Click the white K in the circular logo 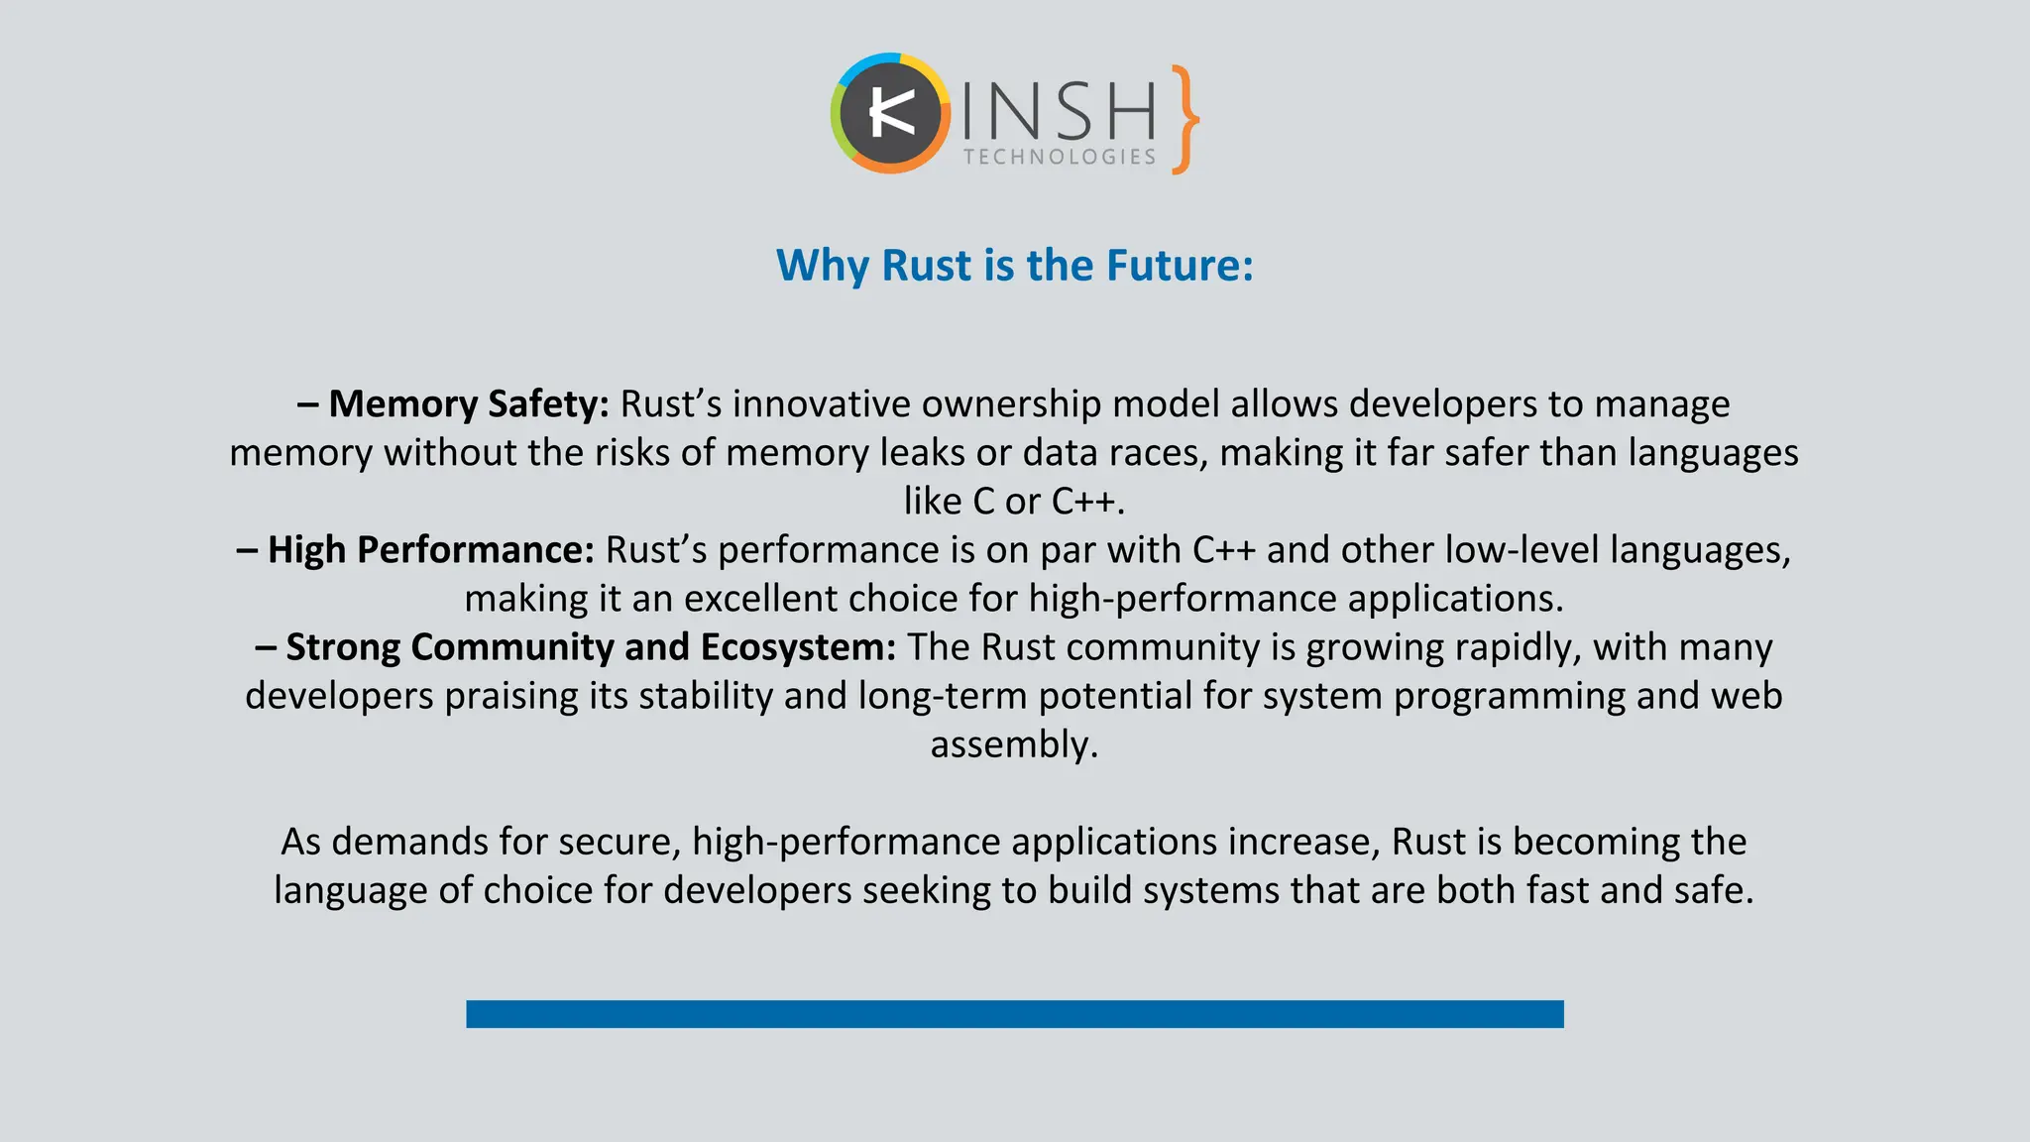pos(890,114)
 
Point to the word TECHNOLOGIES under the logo pos(1060,157)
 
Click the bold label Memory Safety pos(468,404)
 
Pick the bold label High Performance pos(430,550)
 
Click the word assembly pos(1013,744)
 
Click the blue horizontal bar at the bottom pos(1015,1014)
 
